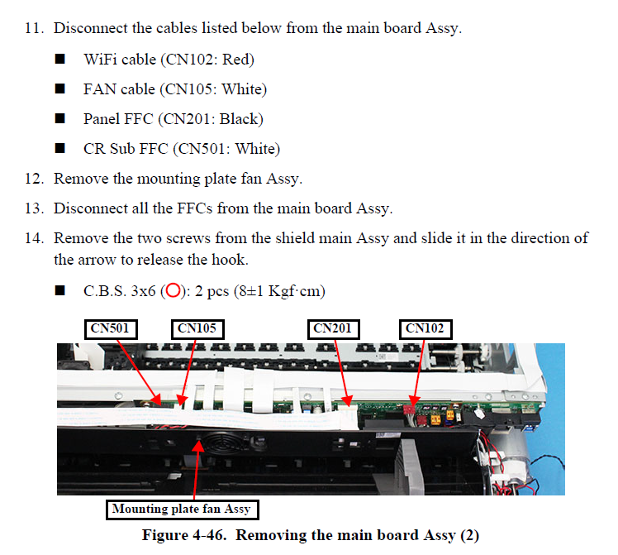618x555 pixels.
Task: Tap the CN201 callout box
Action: pos(333,328)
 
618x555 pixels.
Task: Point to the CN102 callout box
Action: pos(425,328)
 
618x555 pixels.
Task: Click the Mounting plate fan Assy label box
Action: pos(180,509)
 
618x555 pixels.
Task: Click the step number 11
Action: pos(33,29)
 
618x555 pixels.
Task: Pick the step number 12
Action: pos(33,179)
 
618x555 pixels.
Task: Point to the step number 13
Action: pos(33,208)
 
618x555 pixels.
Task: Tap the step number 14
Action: pos(33,238)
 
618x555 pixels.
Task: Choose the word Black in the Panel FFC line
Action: pos(240,119)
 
